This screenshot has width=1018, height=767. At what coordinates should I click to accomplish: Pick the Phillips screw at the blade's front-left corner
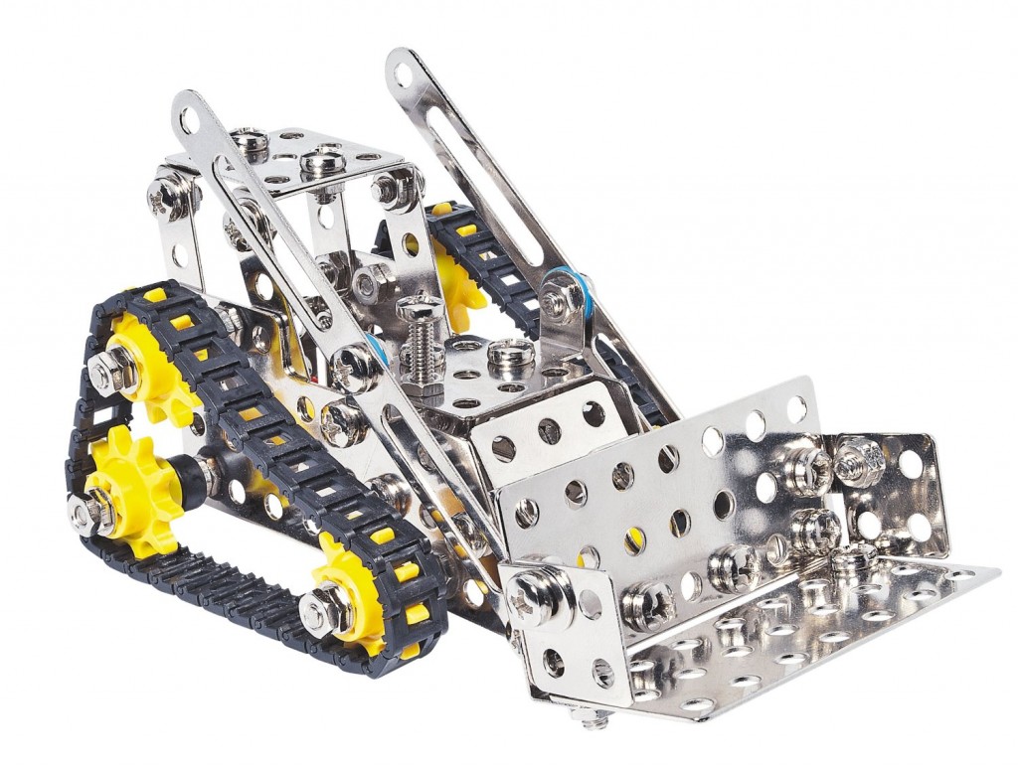click(528, 593)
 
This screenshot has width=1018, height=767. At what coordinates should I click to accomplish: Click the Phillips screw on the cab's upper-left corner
click(163, 195)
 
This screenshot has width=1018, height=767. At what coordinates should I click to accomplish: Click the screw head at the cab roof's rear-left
click(250, 142)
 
